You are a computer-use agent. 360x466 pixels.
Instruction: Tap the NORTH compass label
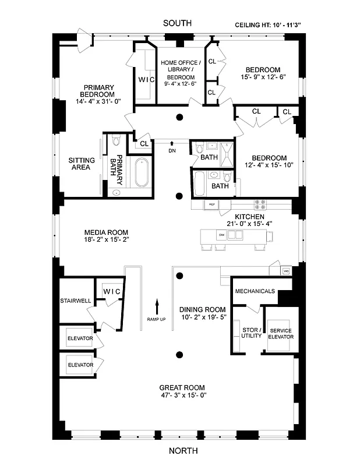pyautogui.click(x=183, y=450)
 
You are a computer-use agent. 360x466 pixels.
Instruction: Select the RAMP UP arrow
pyautogui.click(x=157, y=305)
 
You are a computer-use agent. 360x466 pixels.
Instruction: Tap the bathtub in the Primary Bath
pyautogui.click(x=140, y=173)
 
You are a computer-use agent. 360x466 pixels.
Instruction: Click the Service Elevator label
pyautogui.click(x=280, y=334)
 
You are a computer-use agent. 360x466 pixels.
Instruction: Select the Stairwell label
pyautogui.click(x=74, y=301)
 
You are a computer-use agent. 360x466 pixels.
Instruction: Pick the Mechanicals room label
pyautogui.click(x=255, y=291)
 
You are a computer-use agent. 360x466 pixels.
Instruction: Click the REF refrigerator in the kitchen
pyautogui.click(x=212, y=204)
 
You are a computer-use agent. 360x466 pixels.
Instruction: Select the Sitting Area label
pyautogui.click(x=81, y=163)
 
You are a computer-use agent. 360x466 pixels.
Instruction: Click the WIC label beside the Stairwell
pyautogui.click(x=111, y=291)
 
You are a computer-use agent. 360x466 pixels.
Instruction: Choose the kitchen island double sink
pyautogui.click(x=235, y=235)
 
